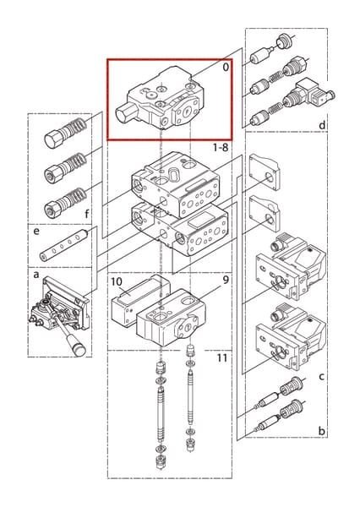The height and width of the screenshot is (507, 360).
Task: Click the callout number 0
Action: tap(226, 67)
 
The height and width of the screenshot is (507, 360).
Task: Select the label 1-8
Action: tap(221, 147)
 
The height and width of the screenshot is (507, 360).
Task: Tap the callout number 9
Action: tap(226, 280)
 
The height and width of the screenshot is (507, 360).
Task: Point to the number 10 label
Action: tap(117, 281)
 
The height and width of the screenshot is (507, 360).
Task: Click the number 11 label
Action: tap(222, 358)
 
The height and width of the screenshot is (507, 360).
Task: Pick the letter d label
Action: tap(322, 124)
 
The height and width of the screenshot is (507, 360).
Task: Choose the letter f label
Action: tap(87, 214)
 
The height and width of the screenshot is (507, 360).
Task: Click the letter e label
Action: tap(36, 232)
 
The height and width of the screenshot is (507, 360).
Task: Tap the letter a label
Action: tap(36, 275)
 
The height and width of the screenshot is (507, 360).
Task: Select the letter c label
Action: tap(321, 376)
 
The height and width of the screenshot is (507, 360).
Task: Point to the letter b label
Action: tap(321, 431)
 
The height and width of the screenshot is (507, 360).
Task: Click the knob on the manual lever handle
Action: tap(79, 350)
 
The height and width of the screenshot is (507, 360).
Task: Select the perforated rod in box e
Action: tap(64, 244)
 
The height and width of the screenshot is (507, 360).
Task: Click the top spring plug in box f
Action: tap(65, 133)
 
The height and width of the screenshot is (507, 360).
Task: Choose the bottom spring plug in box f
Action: tap(65, 202)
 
